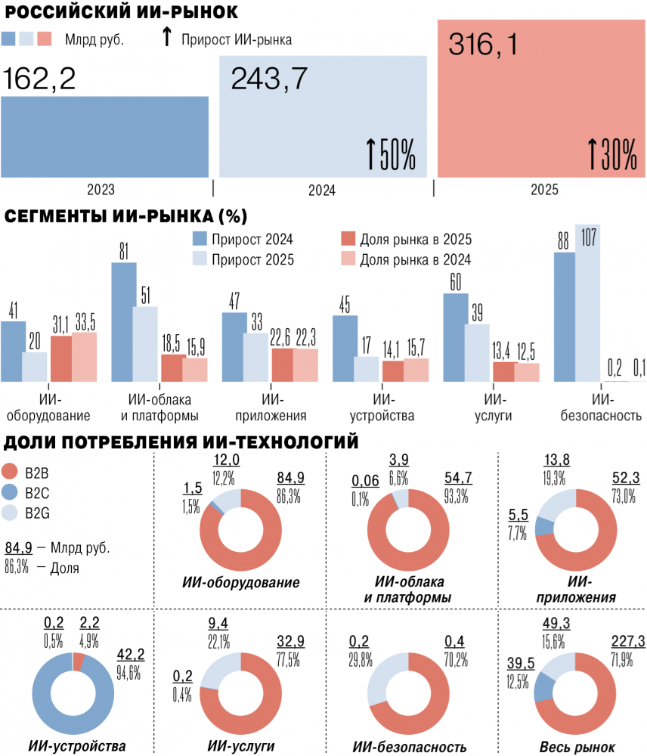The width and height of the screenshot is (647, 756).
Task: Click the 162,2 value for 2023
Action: point(39,79)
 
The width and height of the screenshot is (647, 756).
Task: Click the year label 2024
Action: point(321,190)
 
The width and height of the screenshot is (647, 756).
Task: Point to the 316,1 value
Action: point(483,45)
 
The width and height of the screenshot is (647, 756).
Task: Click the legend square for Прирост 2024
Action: point(200,239)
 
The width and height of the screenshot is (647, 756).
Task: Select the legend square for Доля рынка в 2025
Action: point(348,239)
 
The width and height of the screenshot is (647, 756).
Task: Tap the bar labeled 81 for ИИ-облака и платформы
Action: point(124,322)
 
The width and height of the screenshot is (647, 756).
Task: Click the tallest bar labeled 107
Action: point(588,303)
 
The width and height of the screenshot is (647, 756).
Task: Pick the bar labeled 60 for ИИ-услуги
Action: point(456,337)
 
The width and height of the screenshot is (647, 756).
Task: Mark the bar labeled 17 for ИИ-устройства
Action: point(367,370)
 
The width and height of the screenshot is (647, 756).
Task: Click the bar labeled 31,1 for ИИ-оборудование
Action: point(61,358)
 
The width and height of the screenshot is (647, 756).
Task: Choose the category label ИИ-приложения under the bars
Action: point(271,407)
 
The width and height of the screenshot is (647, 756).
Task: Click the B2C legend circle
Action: point(10,492)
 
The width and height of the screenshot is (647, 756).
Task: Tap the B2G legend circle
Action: point(10,513)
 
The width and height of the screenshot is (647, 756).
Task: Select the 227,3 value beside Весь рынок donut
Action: point(628,641)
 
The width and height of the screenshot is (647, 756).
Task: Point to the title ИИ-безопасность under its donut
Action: point(410,747)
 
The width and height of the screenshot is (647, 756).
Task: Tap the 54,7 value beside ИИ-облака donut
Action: point(458,478)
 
